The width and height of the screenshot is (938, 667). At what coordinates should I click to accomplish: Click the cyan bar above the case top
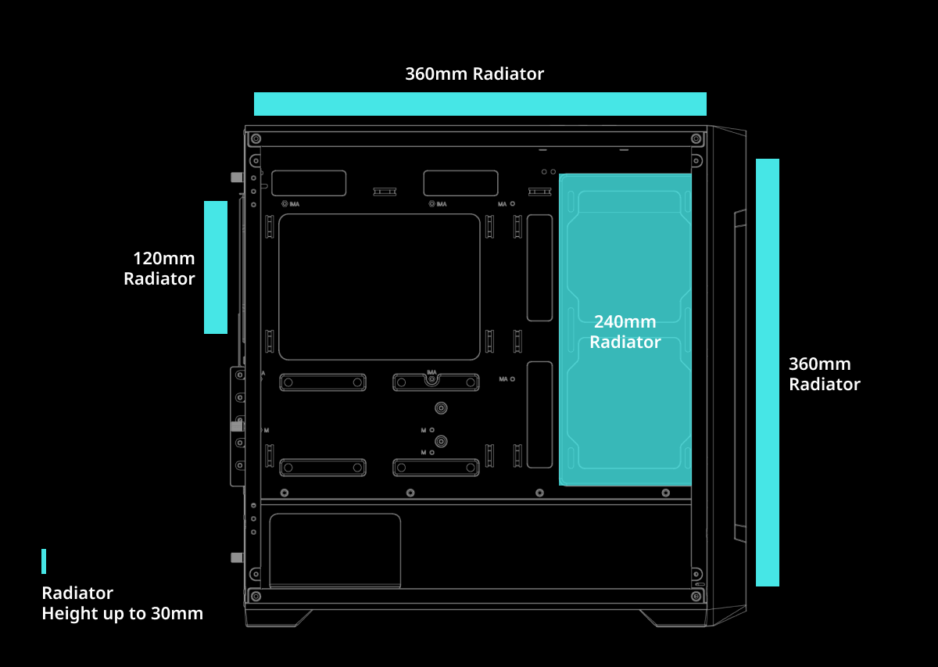tap(480, 104)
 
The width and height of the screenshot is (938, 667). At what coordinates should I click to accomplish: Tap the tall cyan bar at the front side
tap(767, 372)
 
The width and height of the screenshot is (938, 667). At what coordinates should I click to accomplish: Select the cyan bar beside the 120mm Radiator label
tap(216, 267)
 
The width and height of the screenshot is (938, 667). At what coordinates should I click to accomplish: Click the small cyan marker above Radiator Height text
tap(44, 561)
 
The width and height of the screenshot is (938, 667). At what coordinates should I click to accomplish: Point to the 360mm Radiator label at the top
tap(474, 74)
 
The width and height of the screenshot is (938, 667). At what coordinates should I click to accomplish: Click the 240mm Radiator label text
tap(625, 332)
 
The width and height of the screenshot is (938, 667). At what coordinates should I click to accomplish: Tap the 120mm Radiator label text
tap(160, 268)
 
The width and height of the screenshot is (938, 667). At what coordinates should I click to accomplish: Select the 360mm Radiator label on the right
tap(824, 374)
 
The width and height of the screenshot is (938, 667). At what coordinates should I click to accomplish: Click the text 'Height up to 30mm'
tap(122, 613)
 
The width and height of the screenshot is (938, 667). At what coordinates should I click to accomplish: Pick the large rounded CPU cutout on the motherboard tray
tap(379, 287)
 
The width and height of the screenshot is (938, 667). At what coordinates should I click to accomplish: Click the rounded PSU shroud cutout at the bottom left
tap(335, 550)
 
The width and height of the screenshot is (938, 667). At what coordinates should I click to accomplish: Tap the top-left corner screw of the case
tap(256, 138)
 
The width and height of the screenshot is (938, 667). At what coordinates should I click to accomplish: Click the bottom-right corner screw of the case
tap(696, 597)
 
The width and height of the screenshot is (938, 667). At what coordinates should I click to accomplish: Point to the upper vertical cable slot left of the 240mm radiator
tap(539, 267)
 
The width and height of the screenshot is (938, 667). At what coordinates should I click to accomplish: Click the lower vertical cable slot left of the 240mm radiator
tap(539, 414)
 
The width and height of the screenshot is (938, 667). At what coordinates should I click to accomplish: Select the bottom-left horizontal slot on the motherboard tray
tap(323, 468)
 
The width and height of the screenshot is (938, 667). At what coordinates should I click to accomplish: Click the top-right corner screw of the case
tap(696, 138)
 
